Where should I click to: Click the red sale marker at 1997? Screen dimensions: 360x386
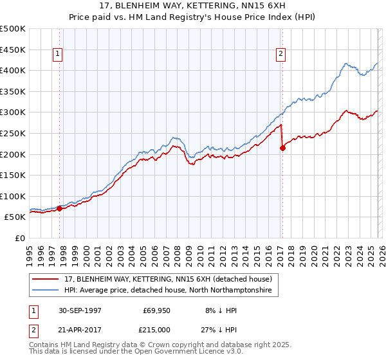pos(60,208)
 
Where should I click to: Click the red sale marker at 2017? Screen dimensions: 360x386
pos(282,148)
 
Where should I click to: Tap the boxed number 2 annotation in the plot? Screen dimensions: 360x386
pos(281,55)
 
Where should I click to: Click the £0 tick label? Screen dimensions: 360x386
pos(20,238)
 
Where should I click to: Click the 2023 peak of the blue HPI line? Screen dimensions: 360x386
pos(346,63)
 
